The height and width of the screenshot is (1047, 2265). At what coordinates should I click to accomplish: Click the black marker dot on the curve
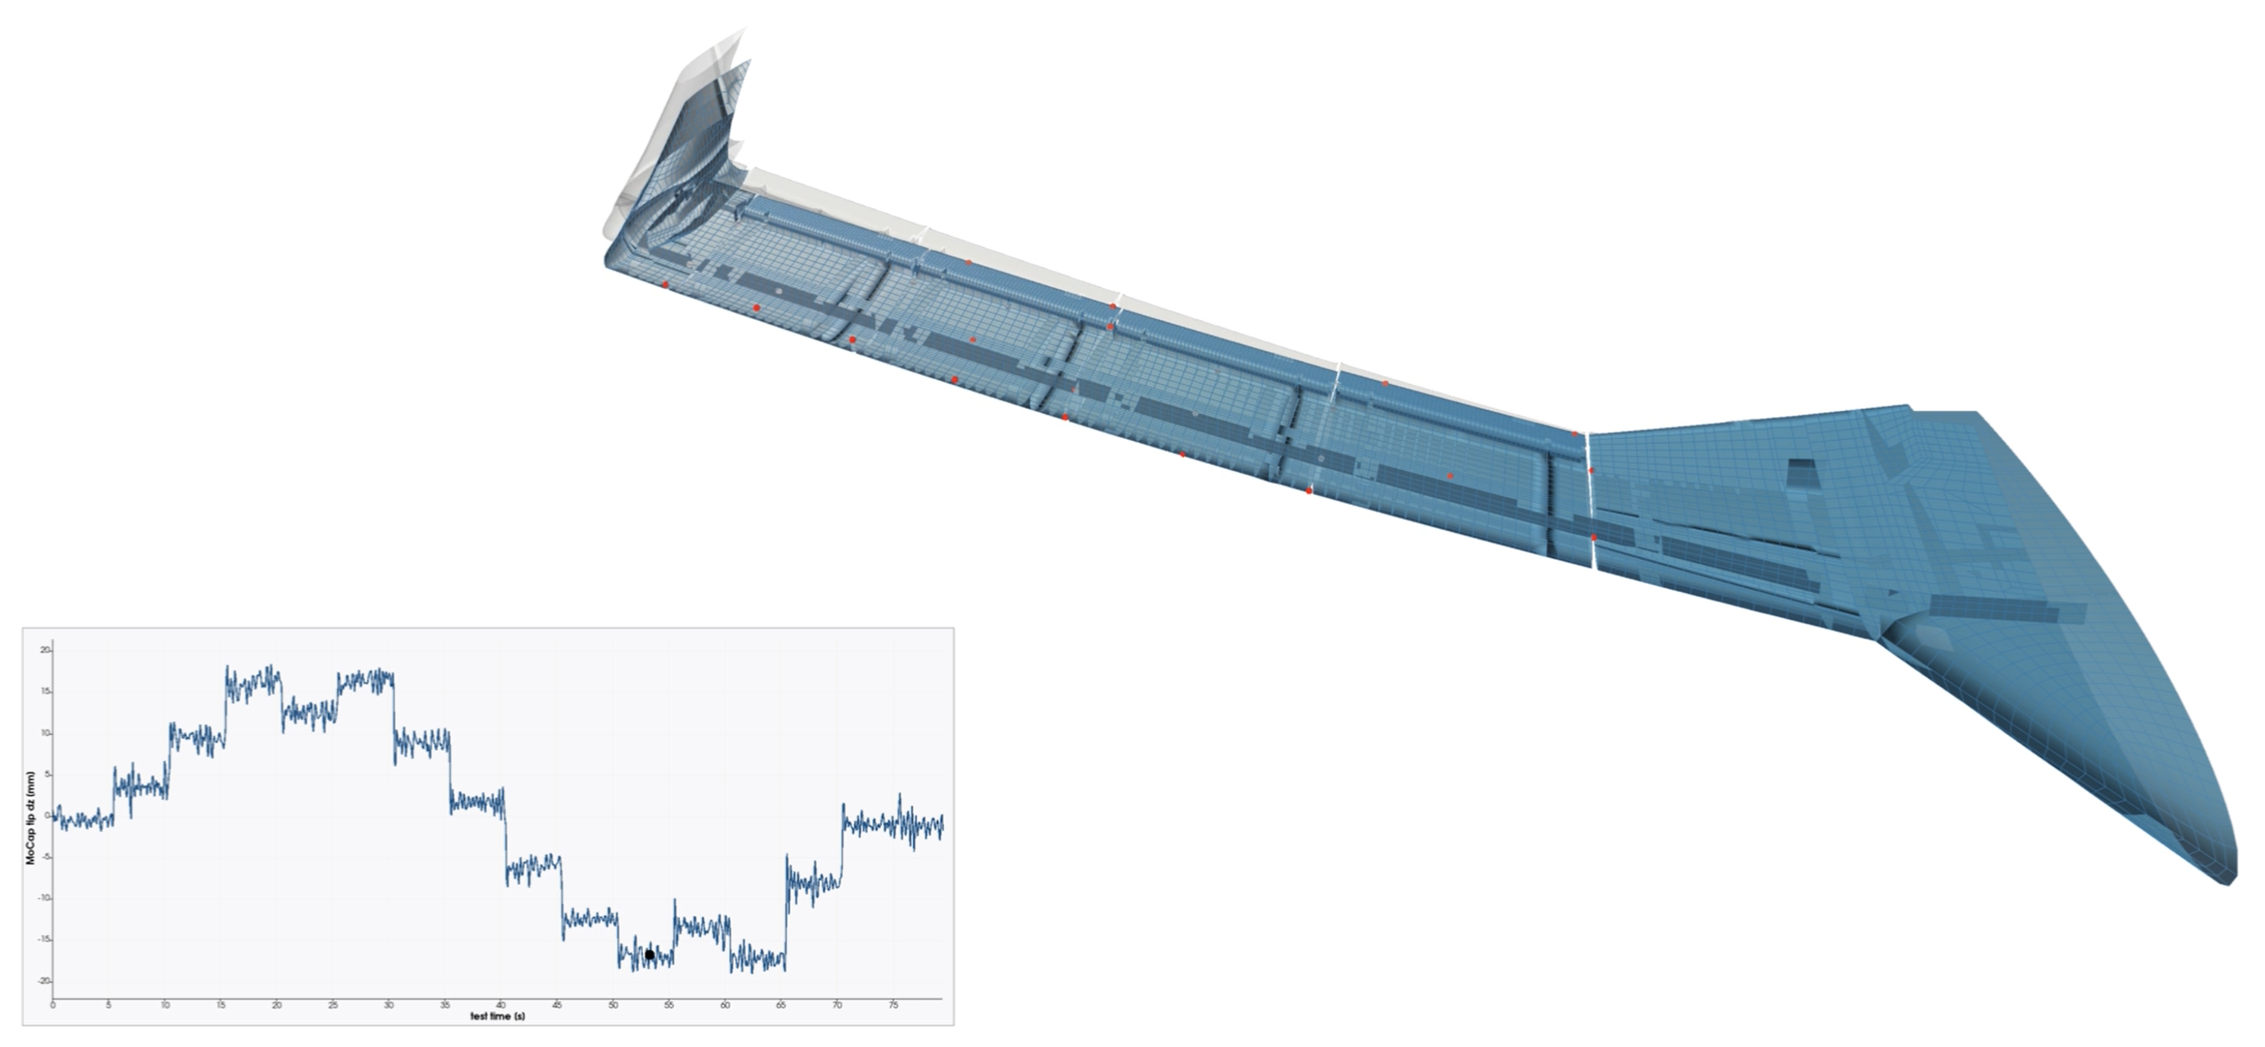649,955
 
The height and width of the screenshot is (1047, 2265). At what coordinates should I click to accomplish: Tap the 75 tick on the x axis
893,1004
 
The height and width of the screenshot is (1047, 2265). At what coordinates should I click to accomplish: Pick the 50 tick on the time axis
613,1004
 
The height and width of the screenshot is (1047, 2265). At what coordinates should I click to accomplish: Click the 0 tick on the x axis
53,1004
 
